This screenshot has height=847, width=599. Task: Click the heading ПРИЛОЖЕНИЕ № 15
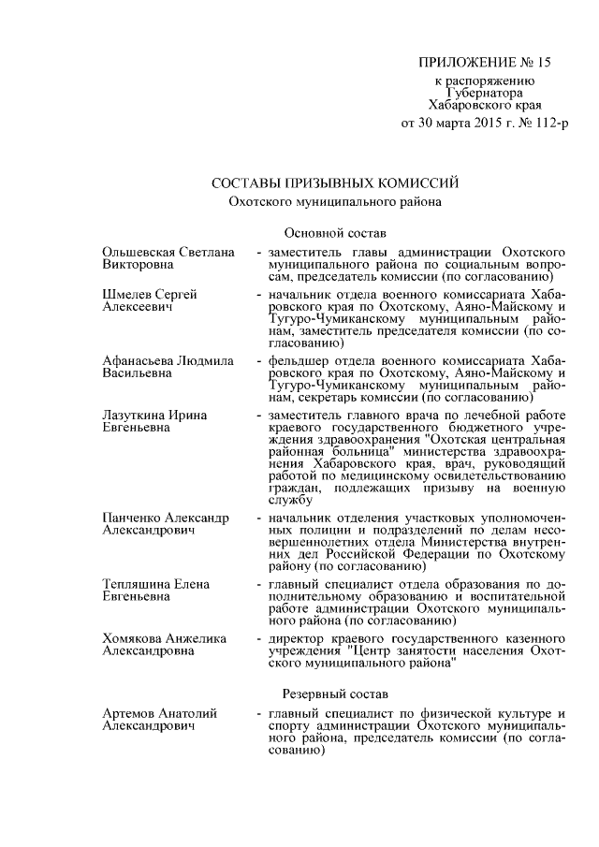click(x=485, y=63)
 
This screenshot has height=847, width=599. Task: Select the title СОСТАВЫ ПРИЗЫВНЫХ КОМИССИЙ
click(x=335, y=181)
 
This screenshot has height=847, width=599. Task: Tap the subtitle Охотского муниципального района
click(x=335, y=200)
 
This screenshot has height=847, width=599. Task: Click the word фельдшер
click(x=298, y=360)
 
